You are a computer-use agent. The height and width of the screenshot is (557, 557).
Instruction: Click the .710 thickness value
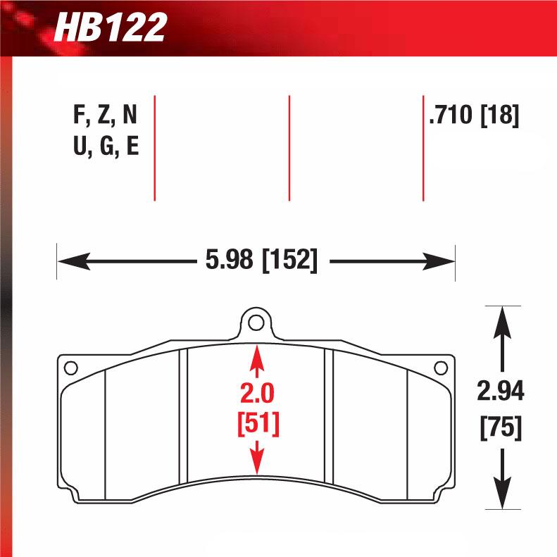[450, 115]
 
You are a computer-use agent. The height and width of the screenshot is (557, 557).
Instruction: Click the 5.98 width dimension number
[230, 262]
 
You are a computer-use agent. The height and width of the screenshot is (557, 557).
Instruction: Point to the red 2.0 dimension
[257, 393]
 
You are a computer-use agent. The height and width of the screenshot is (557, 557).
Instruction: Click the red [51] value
[257, 424]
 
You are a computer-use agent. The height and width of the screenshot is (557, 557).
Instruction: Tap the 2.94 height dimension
[501, 393]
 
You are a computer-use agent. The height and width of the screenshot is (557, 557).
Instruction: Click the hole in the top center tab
[256, 323]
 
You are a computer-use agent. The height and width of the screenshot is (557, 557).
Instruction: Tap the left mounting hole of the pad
[70, 368]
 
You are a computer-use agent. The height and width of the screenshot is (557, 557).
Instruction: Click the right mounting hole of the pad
[441, 367]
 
